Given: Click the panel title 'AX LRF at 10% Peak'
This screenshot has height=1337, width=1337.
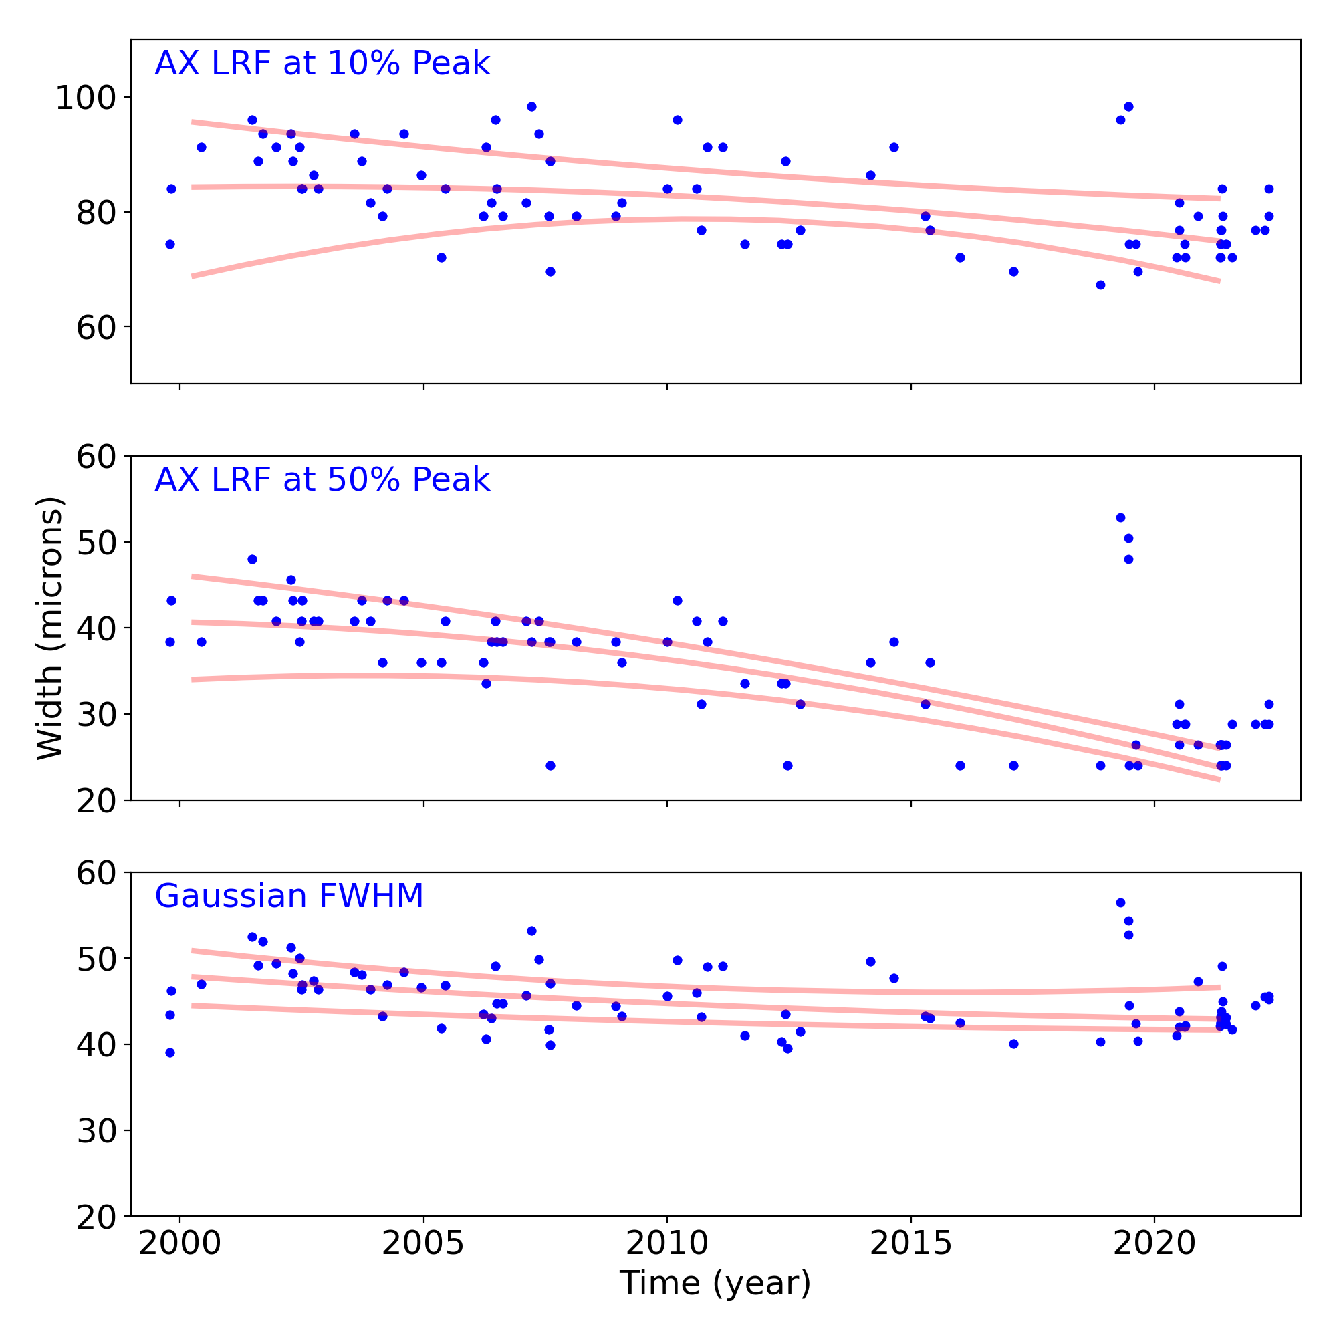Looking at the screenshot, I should pyautogui.click(x=322, y=64).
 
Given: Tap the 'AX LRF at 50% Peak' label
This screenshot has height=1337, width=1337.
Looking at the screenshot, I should pyautogui.click(x=322, y=480).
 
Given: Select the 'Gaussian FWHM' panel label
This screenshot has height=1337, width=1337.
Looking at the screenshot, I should pyautogui.click(x=289, y=896).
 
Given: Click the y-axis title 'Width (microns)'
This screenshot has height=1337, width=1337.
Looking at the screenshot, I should pyautogui.click(x=50, y=628).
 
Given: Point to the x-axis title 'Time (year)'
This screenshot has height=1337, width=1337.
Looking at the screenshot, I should pyautogui.click(x=715, y=1283).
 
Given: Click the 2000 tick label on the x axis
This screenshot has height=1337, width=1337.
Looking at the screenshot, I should pyautogui.click(x=180, y=1243).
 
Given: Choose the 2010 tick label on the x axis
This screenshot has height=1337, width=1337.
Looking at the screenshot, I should pyautogui.click(x=667, y=1243).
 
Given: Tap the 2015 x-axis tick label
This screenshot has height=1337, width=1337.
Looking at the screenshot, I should pyautogui.click(x=910, y=1243).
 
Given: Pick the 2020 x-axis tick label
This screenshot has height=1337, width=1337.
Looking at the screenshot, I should pyautogui.click(x=1154, y=1243).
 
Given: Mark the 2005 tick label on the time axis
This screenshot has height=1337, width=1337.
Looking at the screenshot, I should pyautogui.click(x=424, y=1243).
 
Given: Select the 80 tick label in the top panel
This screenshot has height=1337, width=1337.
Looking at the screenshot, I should pyautogui.click(x=96, y=213).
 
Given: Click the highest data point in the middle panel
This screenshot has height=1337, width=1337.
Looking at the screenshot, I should pyautogui.click(x=1120, y=517).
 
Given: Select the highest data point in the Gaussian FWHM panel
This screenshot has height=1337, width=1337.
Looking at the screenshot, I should pyautogui.click(x=1120, y=902).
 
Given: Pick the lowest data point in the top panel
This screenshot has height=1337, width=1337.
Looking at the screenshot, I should pyautogui.click(x=1100, y=285).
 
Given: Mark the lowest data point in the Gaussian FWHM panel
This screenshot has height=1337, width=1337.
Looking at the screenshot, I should pyautogui.click(x=170, y=1053).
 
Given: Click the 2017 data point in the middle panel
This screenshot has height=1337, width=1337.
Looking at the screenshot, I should pyautogui.click(x=1014, y=765).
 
